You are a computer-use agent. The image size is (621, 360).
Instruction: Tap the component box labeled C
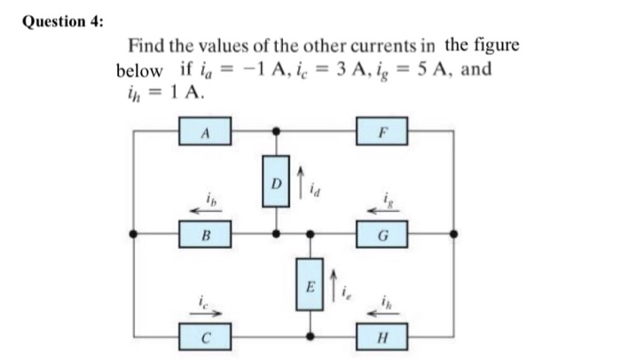point(204,336)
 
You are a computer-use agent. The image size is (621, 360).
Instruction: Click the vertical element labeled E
point(310,286)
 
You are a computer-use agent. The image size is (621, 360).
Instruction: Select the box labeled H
point(381,336)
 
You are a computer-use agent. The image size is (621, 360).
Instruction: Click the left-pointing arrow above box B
point(205,211)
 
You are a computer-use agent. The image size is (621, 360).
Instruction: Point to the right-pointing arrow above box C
point(205,311)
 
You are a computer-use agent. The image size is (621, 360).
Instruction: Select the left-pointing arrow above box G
point(382,211)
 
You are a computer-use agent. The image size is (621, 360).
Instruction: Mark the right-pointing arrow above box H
point(382,311)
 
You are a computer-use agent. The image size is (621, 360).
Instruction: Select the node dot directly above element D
point(276,131)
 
